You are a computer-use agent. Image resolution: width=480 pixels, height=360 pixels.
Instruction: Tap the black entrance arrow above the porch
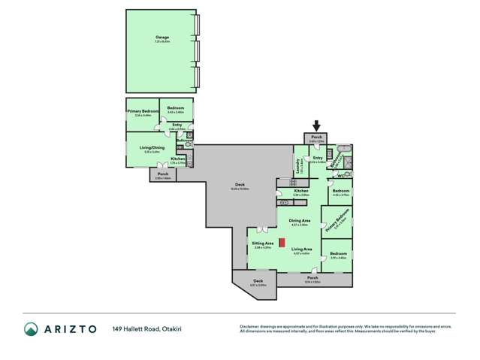[316, 126]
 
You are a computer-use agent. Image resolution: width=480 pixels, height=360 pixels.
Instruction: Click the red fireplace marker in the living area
[282, 243]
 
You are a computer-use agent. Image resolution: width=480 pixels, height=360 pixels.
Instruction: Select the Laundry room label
[299, 165]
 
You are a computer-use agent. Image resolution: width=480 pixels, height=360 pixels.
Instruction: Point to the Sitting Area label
[262, 244]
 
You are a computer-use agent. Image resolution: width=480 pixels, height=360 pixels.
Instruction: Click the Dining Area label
[300, 220]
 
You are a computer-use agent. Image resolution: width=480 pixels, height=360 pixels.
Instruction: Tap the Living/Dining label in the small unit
[152, 147]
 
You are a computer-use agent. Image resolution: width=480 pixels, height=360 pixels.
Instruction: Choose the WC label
[340, 177]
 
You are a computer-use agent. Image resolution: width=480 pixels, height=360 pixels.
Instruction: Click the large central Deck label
[241, 186]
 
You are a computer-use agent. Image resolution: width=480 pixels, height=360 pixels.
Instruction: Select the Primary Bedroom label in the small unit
[139, 112]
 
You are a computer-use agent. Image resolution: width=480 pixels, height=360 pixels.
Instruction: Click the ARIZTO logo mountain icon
[31, 328]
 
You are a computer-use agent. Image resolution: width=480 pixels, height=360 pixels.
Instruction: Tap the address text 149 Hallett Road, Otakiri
[149, 328]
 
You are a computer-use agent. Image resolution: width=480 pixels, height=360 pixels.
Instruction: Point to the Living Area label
[302, 249]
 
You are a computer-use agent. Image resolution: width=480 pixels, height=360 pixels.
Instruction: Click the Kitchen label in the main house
[301, 191]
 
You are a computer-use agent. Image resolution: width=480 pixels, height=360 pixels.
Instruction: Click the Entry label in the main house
[318, 158]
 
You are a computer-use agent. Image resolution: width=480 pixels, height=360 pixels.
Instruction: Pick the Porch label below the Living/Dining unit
[163, 174]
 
